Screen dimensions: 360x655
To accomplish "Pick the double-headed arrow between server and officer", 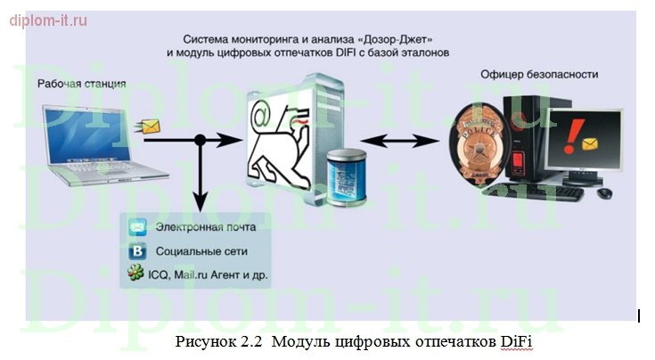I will (x=403, y=140).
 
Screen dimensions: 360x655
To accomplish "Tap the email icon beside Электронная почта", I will (x=138, y=227).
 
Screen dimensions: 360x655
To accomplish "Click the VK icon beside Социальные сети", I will (x=138, y=250).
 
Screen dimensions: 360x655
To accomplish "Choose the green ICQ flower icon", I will (x=138, y=274).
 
